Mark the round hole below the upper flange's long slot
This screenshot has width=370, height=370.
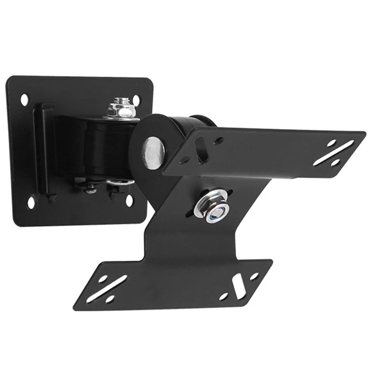point(336,162)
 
